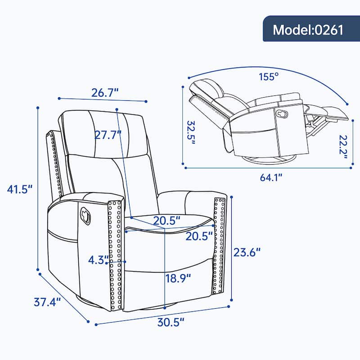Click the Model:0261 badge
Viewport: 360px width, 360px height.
pos(308,30)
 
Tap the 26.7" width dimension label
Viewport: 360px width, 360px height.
pos(105,93)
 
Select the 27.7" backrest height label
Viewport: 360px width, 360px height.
pos(109,134)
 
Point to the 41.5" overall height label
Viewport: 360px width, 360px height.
pos(20,189)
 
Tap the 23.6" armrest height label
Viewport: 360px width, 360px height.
pos(247,252)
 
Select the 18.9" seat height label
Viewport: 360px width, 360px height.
pos(178,278)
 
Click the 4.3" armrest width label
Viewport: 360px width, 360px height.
pos(98,260)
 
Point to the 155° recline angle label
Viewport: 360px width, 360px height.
pos(269,76)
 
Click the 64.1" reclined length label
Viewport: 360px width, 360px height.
pos(269,177)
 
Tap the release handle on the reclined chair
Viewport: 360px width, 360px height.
pos(282,114)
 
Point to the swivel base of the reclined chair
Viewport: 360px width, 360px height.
pos(269,159)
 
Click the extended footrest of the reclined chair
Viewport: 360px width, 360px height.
pos(331,113)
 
